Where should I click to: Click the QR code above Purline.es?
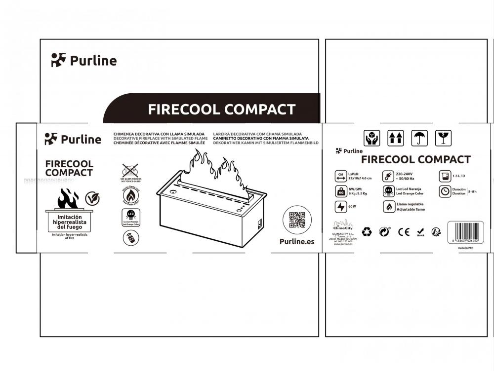(x=297, y=220)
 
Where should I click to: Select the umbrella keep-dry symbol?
(x=420, y=138)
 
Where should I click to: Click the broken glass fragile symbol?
(x=443, y=138)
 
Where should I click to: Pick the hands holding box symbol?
(x=371, y=138)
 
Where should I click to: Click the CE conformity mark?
(x=404, y=231)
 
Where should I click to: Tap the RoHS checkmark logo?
(x=420, y=231)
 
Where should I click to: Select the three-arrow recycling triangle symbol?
(x=367, y=231)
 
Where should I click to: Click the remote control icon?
(x=130, y=238)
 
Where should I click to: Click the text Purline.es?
(x=297, y=242)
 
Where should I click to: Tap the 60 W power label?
(x=352, y=207)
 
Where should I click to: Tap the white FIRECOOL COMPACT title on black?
(x=221, y=110)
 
